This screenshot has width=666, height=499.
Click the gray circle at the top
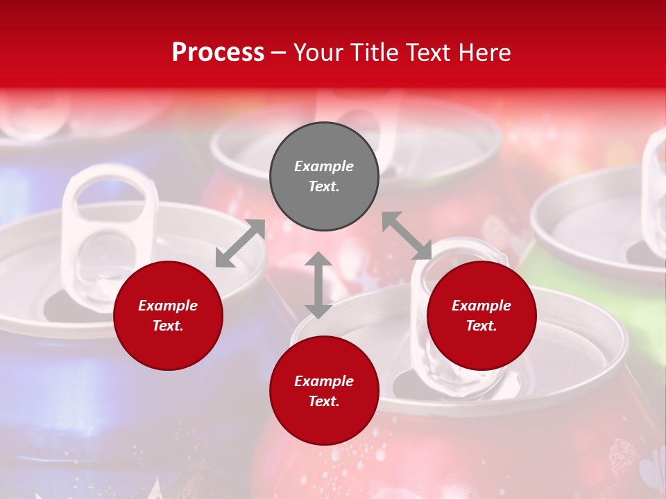coord(324,177)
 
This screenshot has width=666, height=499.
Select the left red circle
coord(168,315)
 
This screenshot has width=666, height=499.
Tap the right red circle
coord(481,315)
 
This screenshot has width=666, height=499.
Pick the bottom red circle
coord(324,391)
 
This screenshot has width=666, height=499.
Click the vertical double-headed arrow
coord(318,285)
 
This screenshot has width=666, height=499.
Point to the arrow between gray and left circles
coord(240,243)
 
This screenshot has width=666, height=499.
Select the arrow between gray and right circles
coord(407,236)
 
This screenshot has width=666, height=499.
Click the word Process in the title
coord(218,53)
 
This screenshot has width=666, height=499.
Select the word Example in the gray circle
coord(324,166)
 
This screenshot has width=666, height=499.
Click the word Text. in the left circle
coord(168,326)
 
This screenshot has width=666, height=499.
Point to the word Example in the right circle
coord(481,306)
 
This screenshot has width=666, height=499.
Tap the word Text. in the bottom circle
coord(324,401)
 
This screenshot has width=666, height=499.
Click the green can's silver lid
coord(597,222)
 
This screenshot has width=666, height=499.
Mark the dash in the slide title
coord(279,53)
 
